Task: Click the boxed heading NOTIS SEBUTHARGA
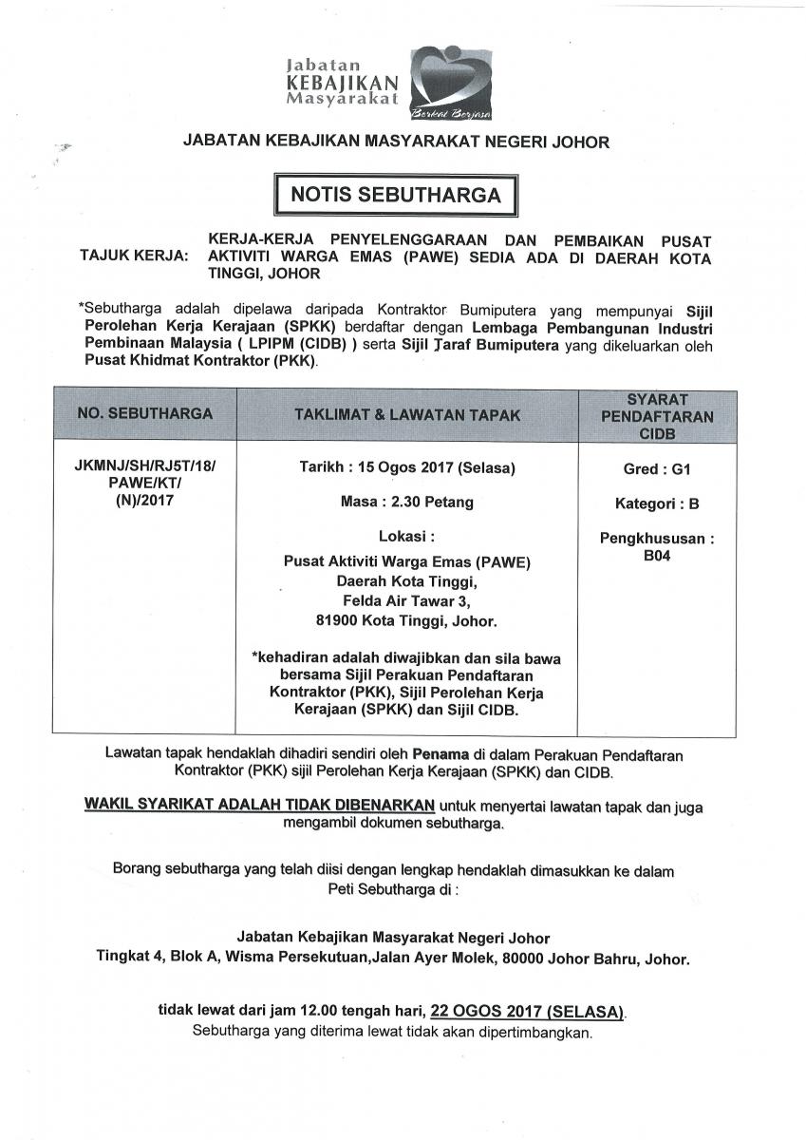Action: point(396,195)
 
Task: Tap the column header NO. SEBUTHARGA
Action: point(144,413)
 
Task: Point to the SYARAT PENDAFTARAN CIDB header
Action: point(656,413)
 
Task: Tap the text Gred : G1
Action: point(657,469)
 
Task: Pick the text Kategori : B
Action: point(657,503)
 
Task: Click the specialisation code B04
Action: point(657,556)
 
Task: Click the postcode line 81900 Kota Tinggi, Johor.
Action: point(406,621)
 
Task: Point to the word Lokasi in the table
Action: point(403,537)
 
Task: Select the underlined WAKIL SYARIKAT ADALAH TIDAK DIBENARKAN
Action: point(259,805)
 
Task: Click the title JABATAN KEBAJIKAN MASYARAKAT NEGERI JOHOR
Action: point(396,142)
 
